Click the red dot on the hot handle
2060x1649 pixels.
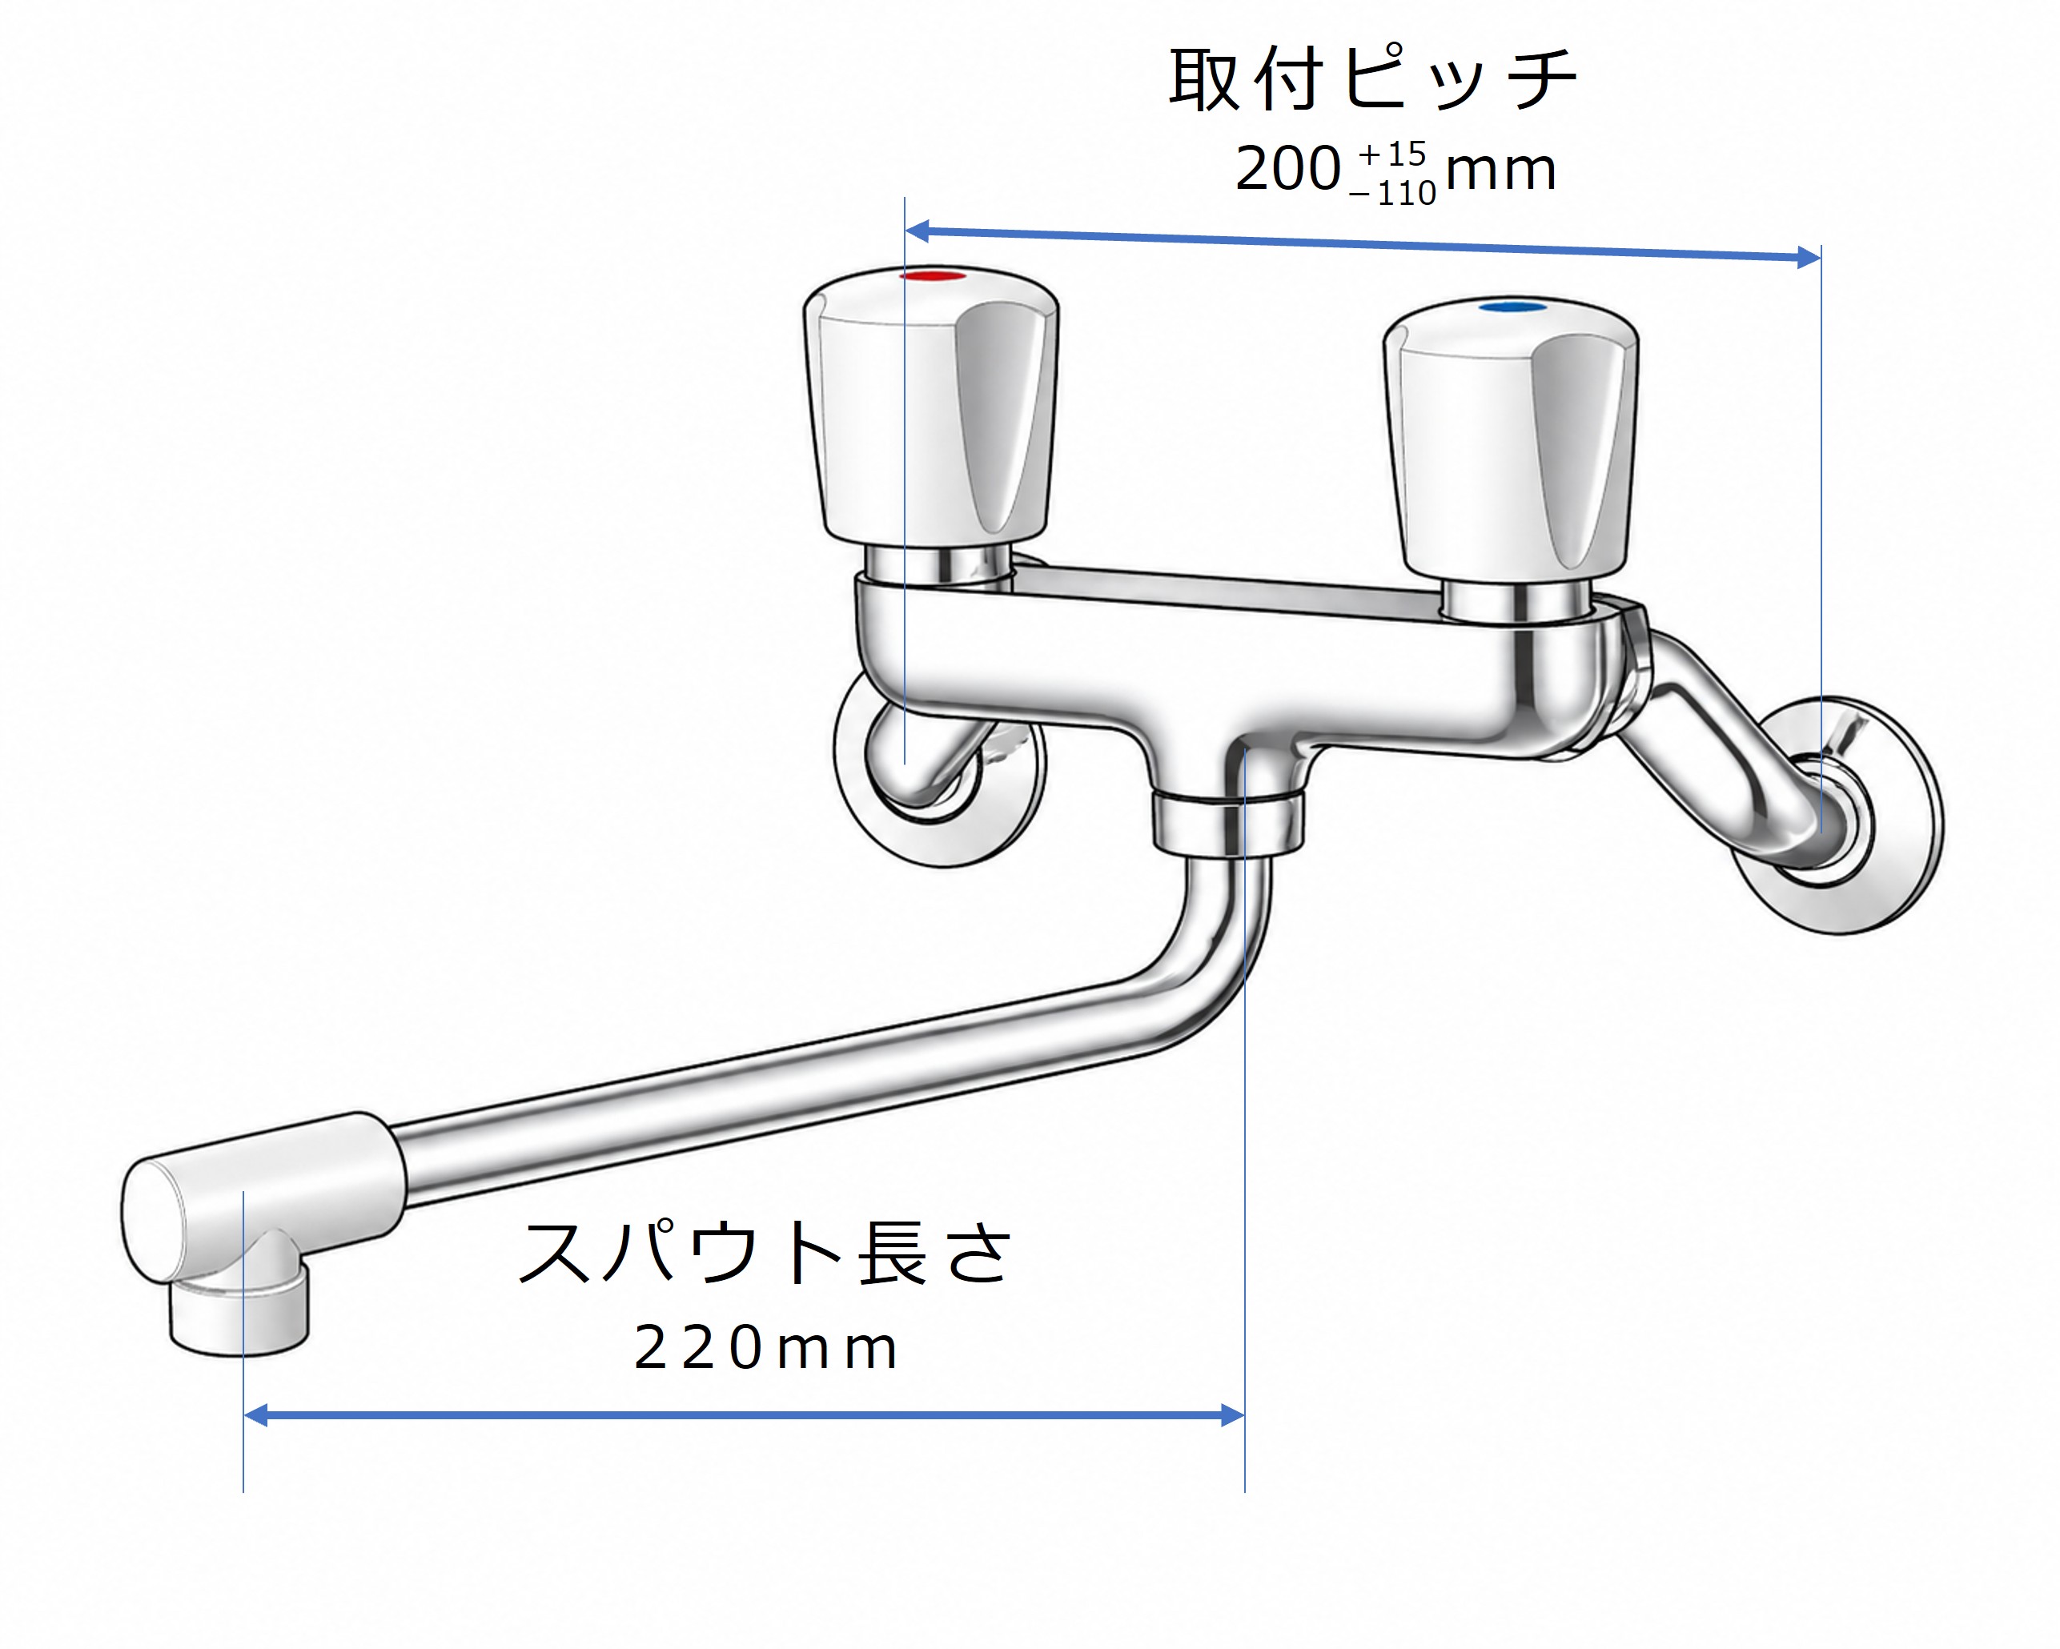[934, 276]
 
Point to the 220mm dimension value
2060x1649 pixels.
[765, 1348]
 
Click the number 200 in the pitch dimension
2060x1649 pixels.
[1288, 169]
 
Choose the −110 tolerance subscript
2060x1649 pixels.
[1392, 194]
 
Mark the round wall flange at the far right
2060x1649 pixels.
[1839, 816]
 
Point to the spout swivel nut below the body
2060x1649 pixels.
[1228, 821]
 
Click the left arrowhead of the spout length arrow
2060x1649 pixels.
[256, 1415]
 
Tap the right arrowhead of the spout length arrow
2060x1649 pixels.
[1233, 1415]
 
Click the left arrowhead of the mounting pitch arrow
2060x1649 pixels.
[918, 231]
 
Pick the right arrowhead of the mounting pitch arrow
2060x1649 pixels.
[1809, 257]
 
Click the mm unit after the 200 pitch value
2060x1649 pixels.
[1501, 172]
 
